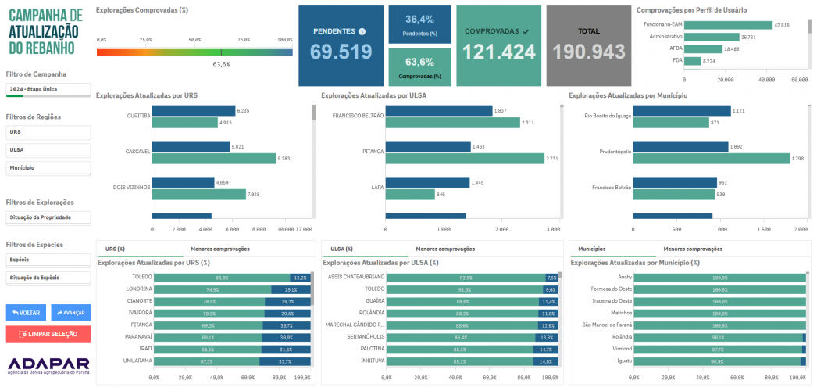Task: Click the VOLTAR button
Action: tap(26, 312)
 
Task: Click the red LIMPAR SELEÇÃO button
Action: tap(48, 334)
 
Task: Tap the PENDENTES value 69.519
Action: tap(341, 52)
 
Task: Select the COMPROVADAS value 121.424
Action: tap(499, 52)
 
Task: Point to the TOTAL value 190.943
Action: tap(589, 52)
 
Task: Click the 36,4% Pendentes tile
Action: tap(419, 24)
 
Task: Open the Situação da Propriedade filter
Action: tap(48, 217)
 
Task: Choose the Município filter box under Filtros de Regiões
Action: tap(48, 168)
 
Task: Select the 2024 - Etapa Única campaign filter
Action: tap(48, 90)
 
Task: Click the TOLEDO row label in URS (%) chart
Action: tap(142, 278)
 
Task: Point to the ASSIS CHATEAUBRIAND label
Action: tap(356, 278)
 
